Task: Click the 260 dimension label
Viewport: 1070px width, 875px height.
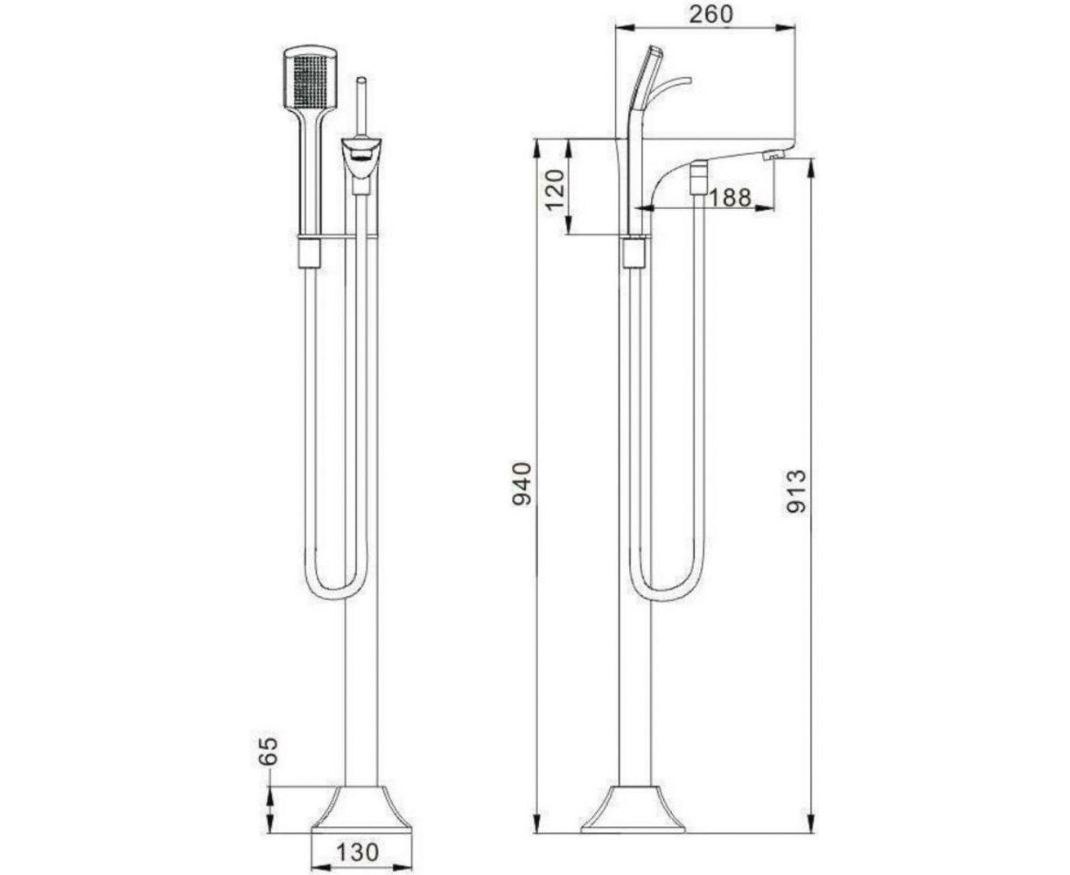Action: pyautogui.click(x=710, y=14)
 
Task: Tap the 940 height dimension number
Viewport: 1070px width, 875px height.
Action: pyautogui.click(x=521, y=483)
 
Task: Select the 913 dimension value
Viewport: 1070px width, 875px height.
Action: pyautogui.click(x=795, y=491)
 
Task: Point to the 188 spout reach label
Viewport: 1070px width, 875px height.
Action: pyautogui.click(x=730, y=197)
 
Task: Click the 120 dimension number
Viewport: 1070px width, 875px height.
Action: pyautogui.click(x=554, y=191)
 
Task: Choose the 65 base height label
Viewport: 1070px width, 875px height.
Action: pyautogui.click(x=269, y=750)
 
